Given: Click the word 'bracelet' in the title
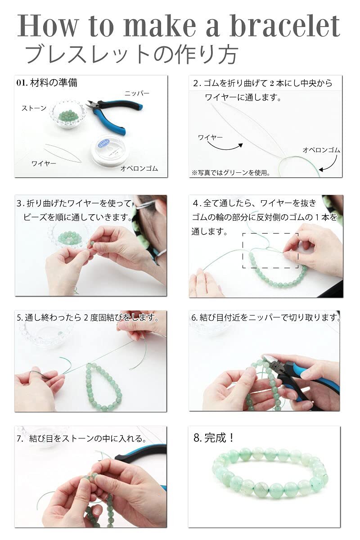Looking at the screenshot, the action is [x=285, y=26].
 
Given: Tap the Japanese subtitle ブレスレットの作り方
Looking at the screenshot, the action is [x=132, y=54].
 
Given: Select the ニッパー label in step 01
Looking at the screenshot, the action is [x=137, y=93].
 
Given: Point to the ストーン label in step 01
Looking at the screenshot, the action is [x=34, y=108].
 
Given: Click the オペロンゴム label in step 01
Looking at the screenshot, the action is [x=139, y=168].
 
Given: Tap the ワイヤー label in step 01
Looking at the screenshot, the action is [x=44, y=164].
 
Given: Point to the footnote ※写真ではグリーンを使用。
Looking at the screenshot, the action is [x=231, y=173].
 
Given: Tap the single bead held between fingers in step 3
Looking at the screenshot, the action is [x=92, y=243].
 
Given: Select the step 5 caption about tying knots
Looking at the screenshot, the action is [x=88, y=318].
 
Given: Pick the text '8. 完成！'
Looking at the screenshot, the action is [x=214, y=438].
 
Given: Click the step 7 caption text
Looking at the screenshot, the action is [x=82, y=438].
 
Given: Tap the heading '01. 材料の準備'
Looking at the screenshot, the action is [x=47, y=83].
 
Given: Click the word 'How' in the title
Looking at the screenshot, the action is [x=48, y=26].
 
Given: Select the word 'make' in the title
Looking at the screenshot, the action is [x=160, y=26].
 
